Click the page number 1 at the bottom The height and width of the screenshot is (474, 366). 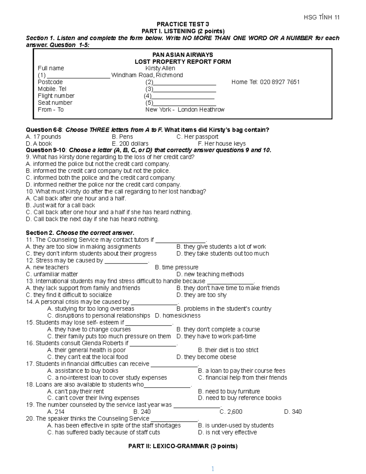pos(213,469)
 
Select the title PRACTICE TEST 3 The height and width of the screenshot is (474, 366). pos(183,24)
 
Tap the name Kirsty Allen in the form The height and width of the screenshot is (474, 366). pos(160,68)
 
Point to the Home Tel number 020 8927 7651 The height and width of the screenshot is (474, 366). pos(265,82)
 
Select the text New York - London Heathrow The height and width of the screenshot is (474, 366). pos(185,110)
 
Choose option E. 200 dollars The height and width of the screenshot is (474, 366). pos(130,143)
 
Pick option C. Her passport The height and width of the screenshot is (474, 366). pos(197,137)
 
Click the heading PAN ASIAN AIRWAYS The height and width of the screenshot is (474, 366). pos(183,55)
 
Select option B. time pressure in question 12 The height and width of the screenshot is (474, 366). pos(177,267)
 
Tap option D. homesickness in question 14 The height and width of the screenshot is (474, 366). pos(178,316)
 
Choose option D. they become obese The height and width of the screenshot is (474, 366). pos(206,357)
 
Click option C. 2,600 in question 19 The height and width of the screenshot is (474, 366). pos(231,412)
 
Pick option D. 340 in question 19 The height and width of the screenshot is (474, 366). pos(293,412)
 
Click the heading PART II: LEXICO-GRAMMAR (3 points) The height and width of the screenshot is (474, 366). pos(183,446)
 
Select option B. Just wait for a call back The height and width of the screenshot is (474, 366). pos(60,205)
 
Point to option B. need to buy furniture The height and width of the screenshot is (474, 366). pos(229,391)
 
